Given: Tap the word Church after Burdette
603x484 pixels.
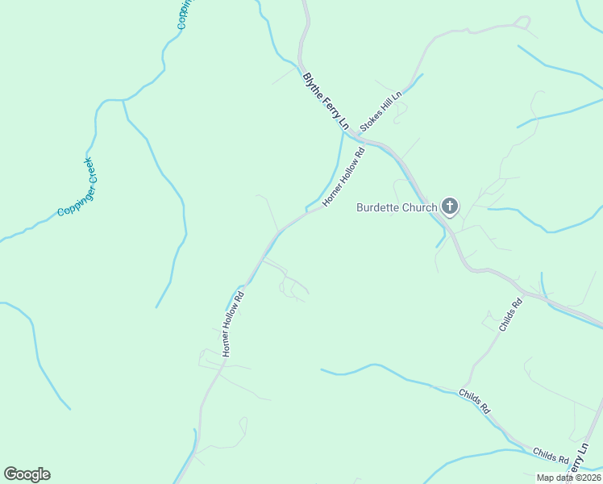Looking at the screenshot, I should click(422, 207).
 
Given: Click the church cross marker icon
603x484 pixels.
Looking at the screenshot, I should click(450, 207).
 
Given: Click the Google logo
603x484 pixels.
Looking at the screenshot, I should click(27, 474).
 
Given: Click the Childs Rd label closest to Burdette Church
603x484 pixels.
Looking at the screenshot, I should click(510, 315).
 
